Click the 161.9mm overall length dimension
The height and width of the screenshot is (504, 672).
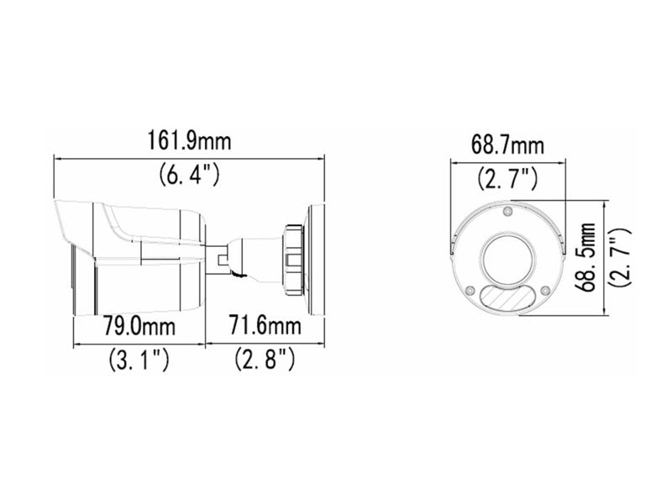pos(189,140)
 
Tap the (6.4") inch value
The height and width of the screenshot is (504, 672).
pos(189,175)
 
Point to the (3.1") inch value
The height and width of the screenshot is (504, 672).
pos(139,361)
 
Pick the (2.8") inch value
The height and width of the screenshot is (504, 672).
pos(265,361)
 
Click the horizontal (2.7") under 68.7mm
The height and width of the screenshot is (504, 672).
pos(507,178)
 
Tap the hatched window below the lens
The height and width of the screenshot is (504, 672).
pos(507,298)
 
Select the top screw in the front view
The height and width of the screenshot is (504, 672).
pos(507,212)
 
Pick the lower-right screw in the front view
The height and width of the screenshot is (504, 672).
pos(544,291)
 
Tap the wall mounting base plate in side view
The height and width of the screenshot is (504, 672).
pos(317,259)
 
